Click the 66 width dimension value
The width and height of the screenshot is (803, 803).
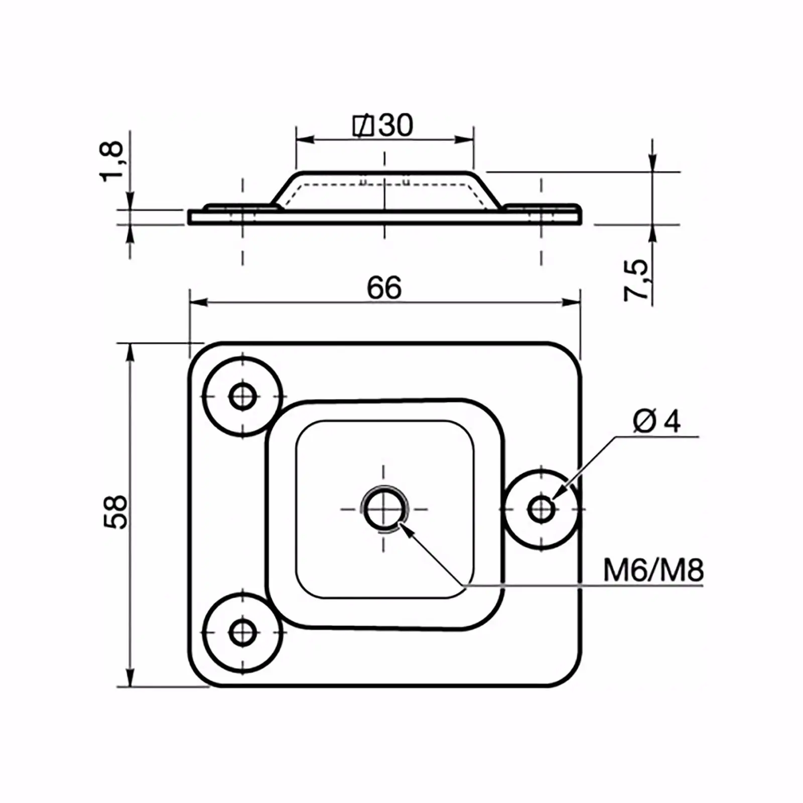384,288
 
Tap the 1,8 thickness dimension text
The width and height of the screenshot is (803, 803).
111,161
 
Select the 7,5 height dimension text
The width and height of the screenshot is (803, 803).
636,280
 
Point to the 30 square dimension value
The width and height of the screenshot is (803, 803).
396,125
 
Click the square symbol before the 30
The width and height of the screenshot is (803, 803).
363,125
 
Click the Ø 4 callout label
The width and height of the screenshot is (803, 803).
657,421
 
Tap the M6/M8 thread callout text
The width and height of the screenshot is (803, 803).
653,571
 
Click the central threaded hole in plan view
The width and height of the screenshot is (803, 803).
384,509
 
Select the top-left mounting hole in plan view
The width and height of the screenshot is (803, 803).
243,396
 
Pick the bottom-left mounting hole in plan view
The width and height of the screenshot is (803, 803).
243,632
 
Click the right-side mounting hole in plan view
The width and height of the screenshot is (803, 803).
541,509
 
